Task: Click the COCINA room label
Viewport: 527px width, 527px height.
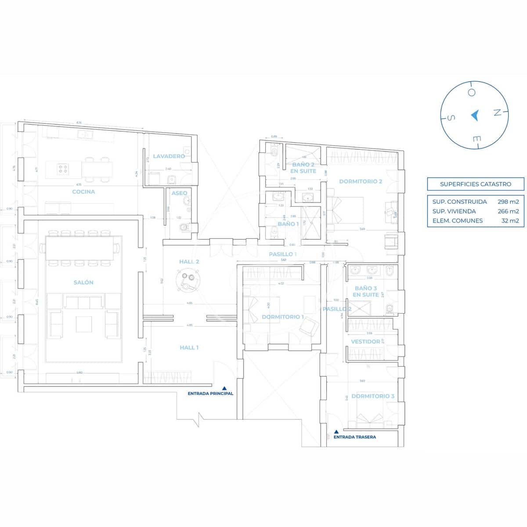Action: [83, 191]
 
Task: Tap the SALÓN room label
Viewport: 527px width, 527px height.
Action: [83, 282]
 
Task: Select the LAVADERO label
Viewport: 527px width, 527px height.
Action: [169, 156]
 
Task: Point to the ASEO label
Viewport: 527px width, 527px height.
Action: [179, 193]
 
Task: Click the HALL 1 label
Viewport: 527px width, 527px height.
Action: [189, 347]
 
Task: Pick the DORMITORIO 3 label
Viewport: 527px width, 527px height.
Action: [373, 396]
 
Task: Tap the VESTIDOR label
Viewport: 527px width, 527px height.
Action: [365, 341]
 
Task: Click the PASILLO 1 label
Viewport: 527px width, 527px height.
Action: [283, 254]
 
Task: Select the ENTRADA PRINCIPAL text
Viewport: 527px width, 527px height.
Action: [210, 393]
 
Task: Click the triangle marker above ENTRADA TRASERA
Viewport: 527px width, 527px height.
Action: [336, 431]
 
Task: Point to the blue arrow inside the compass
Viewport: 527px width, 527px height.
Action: [474, 115]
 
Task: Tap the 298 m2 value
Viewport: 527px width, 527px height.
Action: [508, 202]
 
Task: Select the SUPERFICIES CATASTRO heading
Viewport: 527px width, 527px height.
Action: [476, 184]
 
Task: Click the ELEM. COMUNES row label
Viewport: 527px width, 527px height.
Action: [457, 220]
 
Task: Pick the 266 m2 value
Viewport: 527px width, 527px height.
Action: [508, 211]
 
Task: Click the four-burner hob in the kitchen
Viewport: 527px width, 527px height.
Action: [62, 169]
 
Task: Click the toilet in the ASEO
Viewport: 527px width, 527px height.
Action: [184, 227]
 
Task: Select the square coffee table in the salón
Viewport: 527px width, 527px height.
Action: [84, 324]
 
